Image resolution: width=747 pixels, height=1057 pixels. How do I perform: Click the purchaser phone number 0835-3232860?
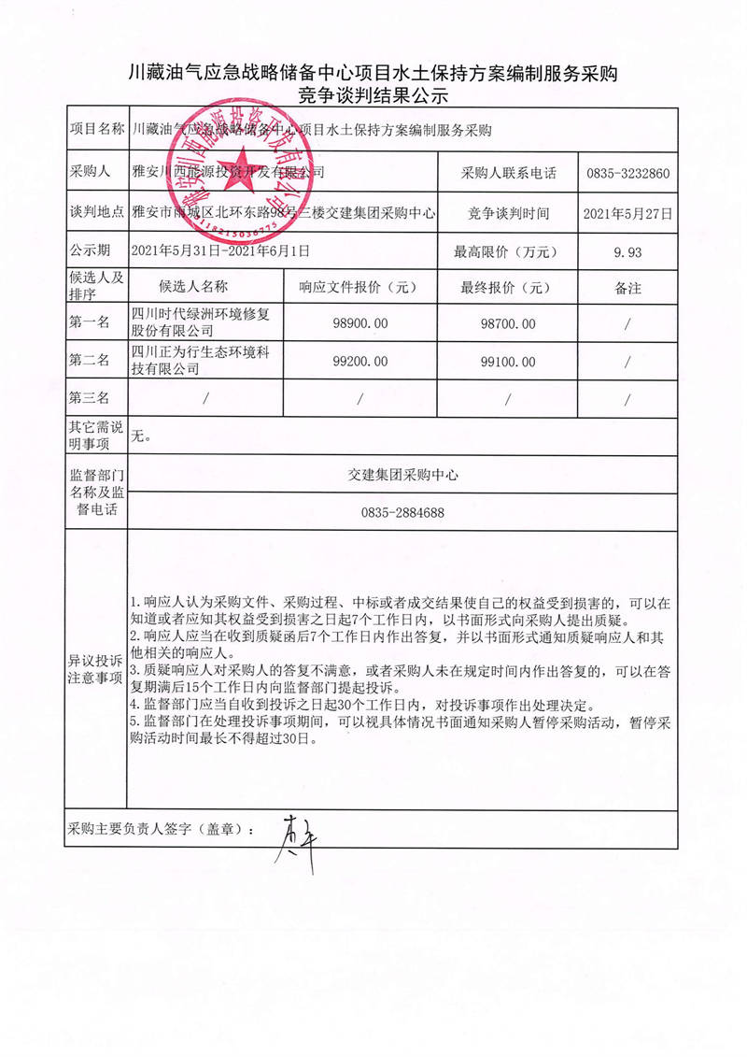tap(627, 174)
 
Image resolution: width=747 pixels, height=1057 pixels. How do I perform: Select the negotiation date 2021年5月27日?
tap(627, 213)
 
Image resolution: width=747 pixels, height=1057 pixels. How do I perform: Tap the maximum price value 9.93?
tap(627, 251)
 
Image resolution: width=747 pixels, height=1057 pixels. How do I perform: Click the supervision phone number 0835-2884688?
tap(402, 513)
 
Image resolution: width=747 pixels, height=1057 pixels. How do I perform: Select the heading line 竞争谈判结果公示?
tap(373, 94)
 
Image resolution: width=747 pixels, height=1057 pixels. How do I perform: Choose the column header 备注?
tap(627, 289)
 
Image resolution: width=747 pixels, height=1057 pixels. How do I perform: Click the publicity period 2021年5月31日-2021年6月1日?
tap(220, 250)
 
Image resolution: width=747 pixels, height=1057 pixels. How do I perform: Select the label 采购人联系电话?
tap(508, 174)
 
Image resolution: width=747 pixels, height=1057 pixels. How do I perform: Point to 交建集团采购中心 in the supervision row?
tap(402, 476)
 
